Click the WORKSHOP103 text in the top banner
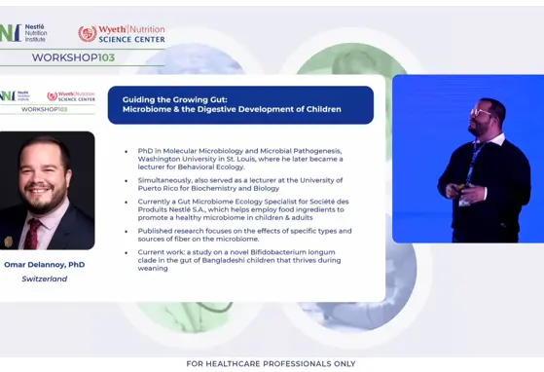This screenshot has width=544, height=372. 73,57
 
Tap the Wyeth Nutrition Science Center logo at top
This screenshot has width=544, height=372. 122,34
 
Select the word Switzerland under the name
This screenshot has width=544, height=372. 45,279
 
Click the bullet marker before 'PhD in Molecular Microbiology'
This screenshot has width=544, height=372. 127,151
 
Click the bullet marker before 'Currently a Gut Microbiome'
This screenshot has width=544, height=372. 127,201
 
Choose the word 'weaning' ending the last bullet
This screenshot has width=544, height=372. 154,268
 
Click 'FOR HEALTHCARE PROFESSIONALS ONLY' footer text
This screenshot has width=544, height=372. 271,363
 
